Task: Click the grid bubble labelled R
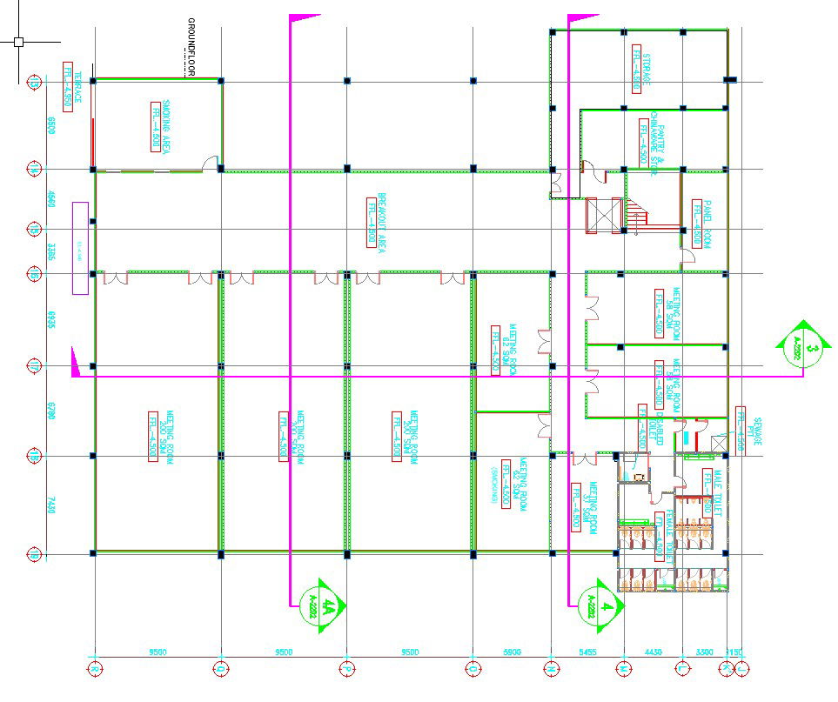click(95, 668)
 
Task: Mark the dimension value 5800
click(513, 651)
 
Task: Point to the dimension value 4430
click(654, 651)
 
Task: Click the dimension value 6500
click(50, 124)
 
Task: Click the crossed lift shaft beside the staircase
click(603, 217)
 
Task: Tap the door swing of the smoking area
click(209, 163)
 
